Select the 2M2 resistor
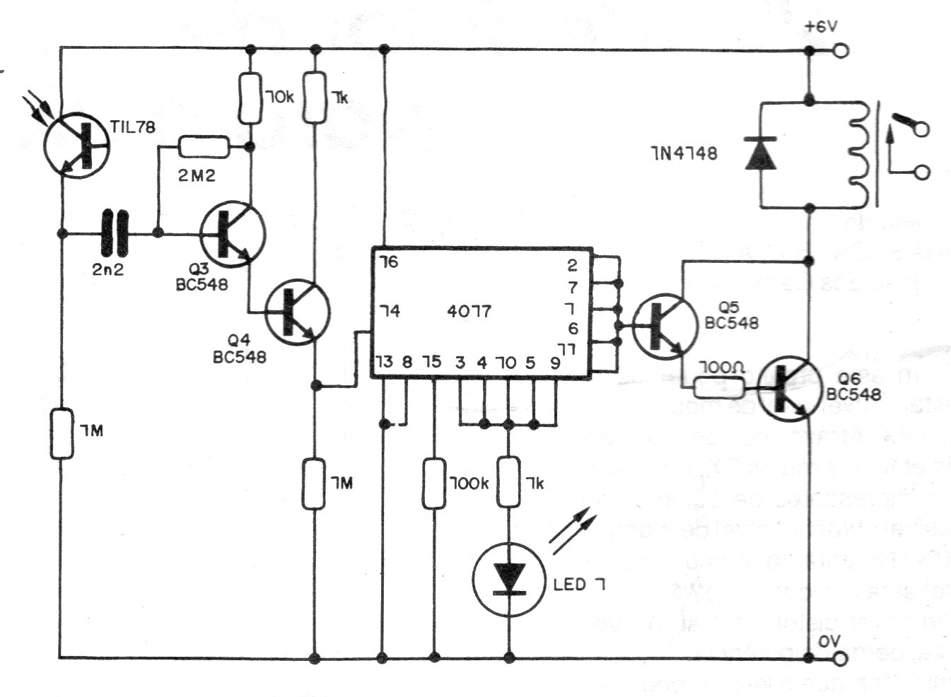(x=204, y=147)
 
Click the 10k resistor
(x=249, y=98)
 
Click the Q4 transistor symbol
(x=298, y=313)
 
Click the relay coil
(x=857, y=154)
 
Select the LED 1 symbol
(x=507, y=578)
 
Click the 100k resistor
(x=434, y=484)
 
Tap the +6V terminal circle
(x=841, y=50)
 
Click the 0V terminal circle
(x=841, y=659)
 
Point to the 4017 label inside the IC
(x=469, y=311)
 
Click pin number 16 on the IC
(x=388, y=262)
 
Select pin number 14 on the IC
(x=388, y=311)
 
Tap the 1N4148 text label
(x=684, y=153)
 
